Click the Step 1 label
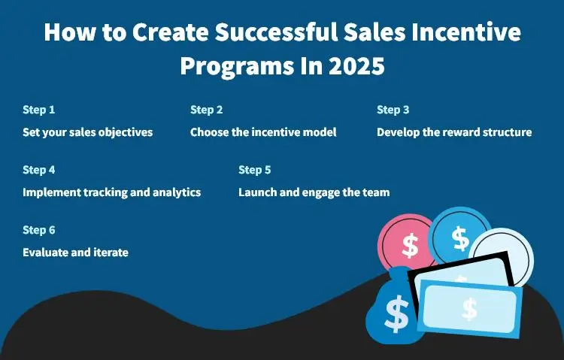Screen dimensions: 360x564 [39, 110]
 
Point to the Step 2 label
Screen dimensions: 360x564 [207, 110]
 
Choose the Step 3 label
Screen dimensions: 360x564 [393, 110]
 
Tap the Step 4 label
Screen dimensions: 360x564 [39, 170]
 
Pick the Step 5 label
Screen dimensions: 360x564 [255, 170]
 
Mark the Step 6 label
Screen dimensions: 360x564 [39, 230]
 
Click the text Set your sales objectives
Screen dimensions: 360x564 [88, 132]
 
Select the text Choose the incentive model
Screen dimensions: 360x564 [263, 132]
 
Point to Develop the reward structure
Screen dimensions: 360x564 [454, 132]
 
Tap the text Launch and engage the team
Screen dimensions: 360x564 [314, 192]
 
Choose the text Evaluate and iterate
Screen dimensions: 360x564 [75, 253]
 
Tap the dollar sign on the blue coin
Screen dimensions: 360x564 [461, 238]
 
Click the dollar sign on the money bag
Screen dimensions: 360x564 [396, 314]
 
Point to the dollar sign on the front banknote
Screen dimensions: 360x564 [470, 308]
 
